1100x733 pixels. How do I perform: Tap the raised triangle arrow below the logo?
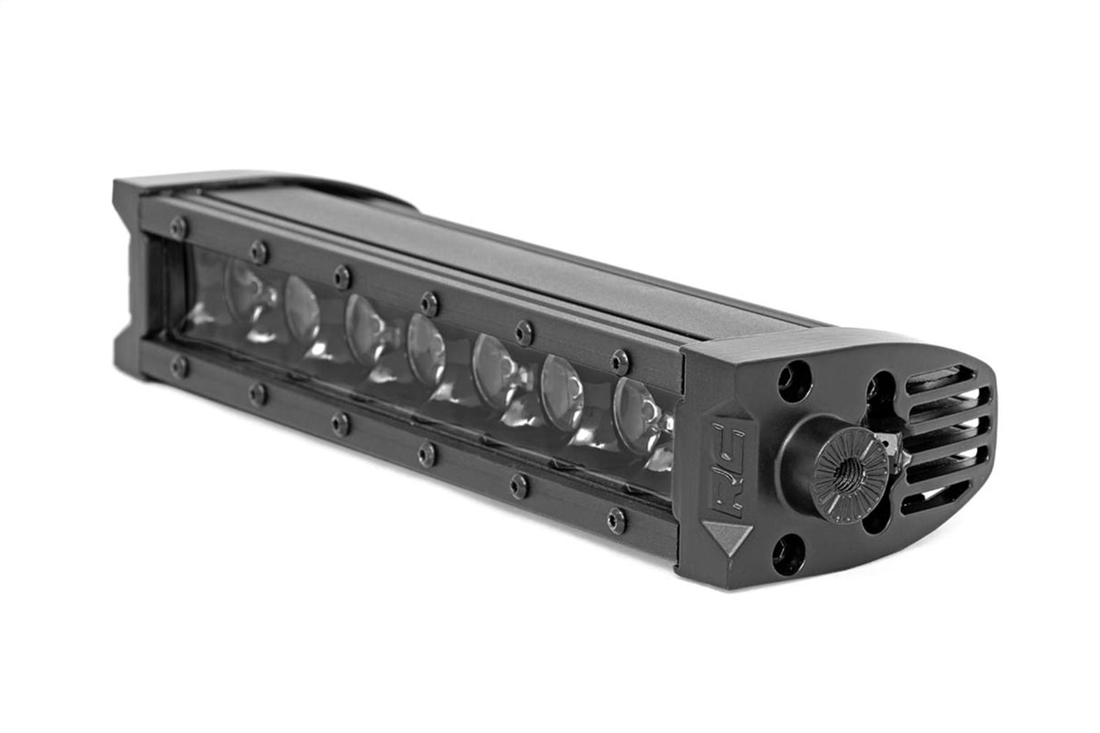pyautogui.click(x=727, y=537)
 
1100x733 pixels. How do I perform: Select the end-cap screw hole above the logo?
pyautogui.click(x=794, y=381)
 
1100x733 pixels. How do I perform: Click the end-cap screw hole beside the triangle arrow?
pyautogui.click(x=788, y=553)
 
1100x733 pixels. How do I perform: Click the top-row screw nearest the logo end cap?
pyautogui.click(x=620, y=362)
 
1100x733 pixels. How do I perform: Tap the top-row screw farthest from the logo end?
pyautogui.click(x=179, y=227)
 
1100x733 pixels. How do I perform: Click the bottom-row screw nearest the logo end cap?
pyautogui.click(x=617, y=520)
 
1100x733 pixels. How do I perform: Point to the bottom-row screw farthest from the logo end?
pyautogui.click(x=179, y=366)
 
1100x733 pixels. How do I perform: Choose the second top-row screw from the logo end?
pyautogui.click(x=525, y=333)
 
